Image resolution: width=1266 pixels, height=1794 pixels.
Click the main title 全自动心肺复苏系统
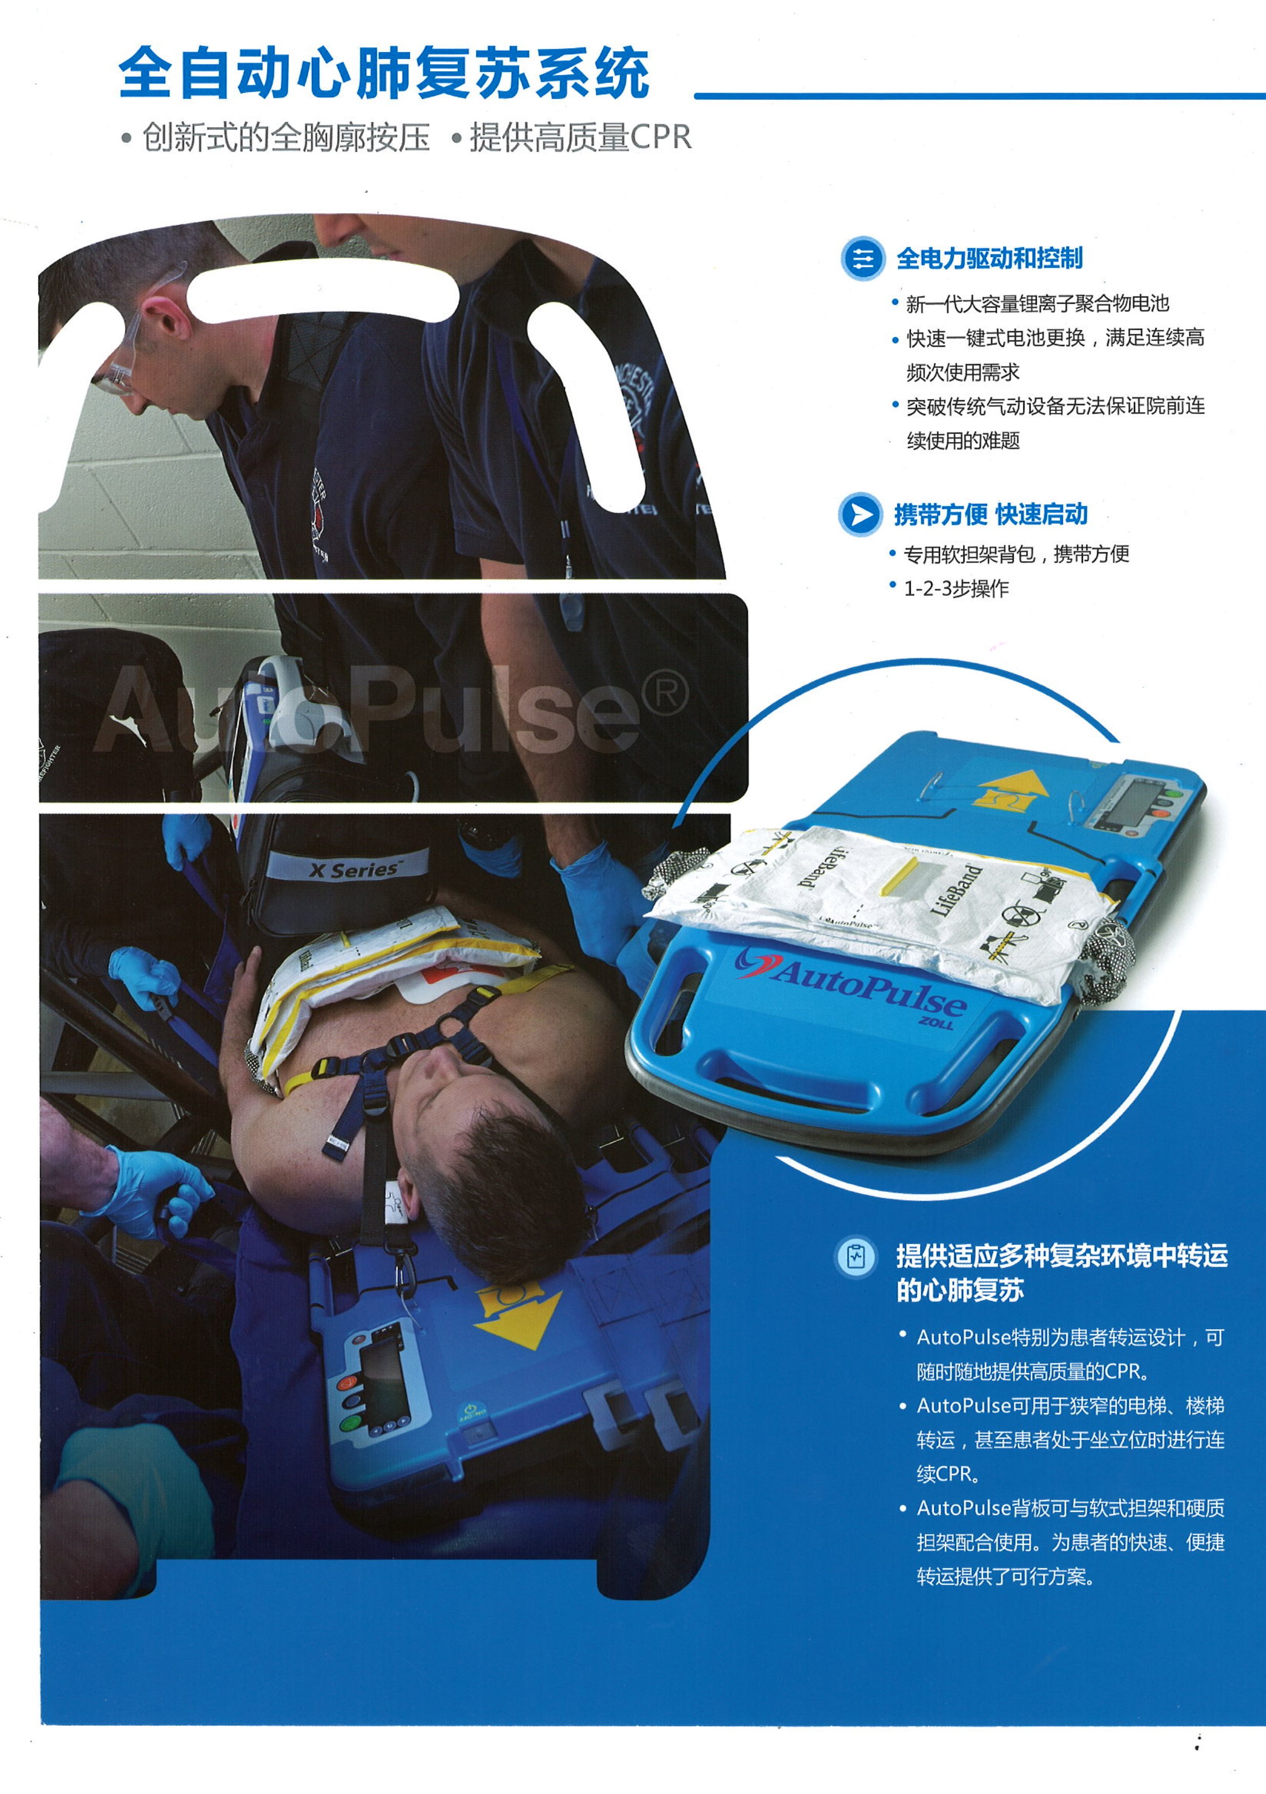pos(384,73)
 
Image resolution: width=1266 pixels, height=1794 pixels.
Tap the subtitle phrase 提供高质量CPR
pos(581,138)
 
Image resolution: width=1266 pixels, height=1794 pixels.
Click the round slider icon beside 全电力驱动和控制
pos(863,258)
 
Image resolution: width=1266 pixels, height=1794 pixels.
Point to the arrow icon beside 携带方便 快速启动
pos(860,514)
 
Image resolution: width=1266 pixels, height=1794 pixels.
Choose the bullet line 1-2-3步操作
pos(956,588)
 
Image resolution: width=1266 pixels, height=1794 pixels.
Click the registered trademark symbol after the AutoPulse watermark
pos(665,692)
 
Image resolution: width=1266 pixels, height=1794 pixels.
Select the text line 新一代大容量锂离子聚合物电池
pos(1037,303)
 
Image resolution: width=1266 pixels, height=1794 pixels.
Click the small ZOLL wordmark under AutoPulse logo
pos(936,1023)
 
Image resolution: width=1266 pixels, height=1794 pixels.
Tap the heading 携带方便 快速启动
pos(991,514)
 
